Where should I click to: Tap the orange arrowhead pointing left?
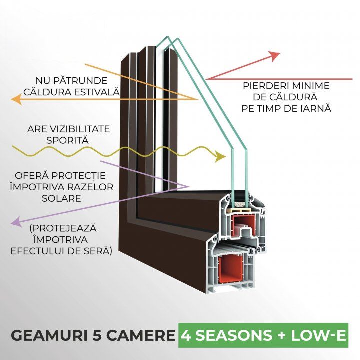coord(16,100)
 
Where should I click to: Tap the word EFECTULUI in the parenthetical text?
coord(42,249)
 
